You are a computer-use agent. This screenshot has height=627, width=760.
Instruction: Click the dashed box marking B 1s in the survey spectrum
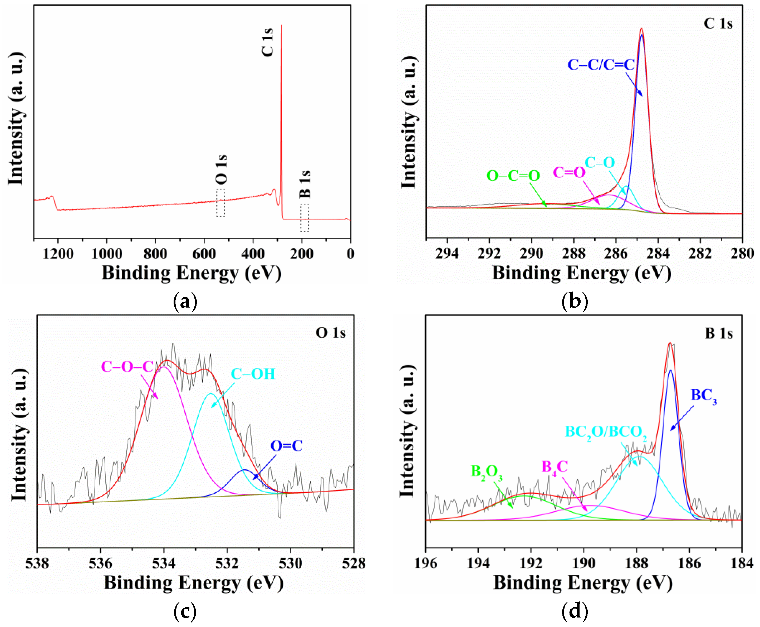(304, 218)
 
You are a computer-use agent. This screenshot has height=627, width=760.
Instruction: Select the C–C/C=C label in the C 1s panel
(601, 65)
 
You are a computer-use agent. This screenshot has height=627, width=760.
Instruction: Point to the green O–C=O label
(513, 176)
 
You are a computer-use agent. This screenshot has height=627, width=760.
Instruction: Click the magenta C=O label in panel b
(569, 173)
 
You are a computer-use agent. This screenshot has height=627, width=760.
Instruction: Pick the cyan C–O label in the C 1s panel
(599, 163)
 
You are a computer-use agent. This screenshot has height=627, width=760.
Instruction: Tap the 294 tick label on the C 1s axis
(447, 254)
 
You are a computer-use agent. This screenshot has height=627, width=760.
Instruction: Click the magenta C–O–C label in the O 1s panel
(128, 367)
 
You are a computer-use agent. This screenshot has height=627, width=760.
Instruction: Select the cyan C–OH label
(253, 374)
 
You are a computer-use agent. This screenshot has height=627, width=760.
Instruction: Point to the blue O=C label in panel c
(286, 446)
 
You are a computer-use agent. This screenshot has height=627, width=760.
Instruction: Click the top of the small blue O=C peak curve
(245, 470)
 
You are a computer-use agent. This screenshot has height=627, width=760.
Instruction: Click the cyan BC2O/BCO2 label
(605, 432)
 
